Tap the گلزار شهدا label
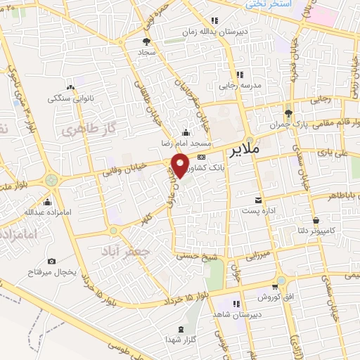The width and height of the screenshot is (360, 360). click(183, 340)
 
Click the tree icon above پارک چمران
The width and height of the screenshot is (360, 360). click(287, 113)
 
